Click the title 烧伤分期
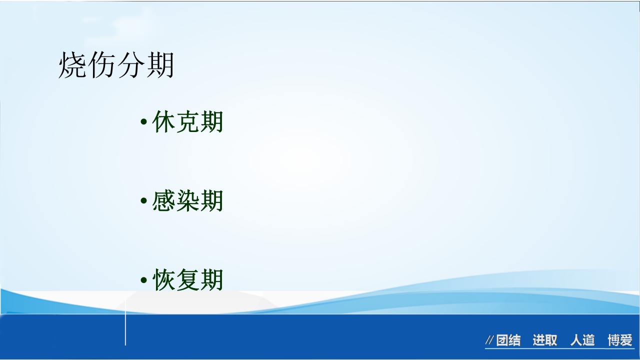pos(116,65)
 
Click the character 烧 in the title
pos(73,65)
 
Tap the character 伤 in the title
pos(101,65)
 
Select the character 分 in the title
pos(130,65)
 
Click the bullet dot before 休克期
pos(143,122)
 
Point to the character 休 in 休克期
pos(163,122)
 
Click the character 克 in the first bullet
pos(187,122)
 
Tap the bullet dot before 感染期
pos(143,201)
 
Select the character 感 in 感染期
pos(163,201)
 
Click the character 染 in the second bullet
pos(187,201)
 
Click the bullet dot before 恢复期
pos(143,280)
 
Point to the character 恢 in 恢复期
pos(163,280)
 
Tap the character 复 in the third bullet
pos(187,280)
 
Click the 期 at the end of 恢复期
pos(211,280)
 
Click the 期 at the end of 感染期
pos(211,201)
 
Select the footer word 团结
pos(508,340)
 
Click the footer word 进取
pos(544,340)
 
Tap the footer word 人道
pos(582,340)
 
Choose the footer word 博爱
pos(620,340)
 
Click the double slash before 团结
pos(489,341)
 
